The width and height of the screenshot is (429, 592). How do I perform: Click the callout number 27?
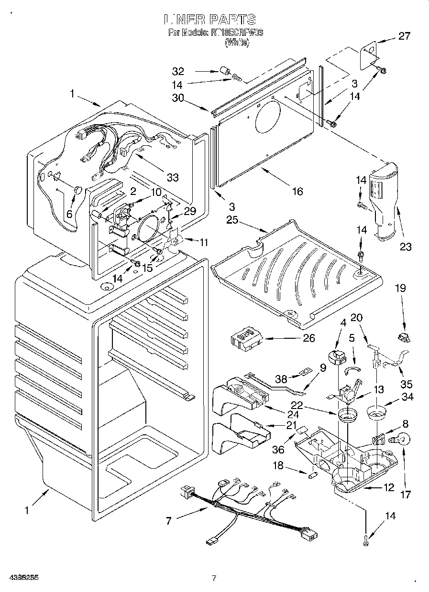[x=404, y=36]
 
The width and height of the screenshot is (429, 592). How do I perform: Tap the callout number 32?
[x=178, y=72]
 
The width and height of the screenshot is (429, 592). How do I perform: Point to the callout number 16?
[x=297, y=191]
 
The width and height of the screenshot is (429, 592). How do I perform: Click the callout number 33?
[x=173, y=177]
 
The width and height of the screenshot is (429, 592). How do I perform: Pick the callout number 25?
[x=232, y=220]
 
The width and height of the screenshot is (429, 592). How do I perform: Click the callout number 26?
[x=309, y=338]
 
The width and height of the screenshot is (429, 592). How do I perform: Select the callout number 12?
[x=388, y=488]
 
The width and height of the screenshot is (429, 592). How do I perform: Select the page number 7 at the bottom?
[x=214, y=578]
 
